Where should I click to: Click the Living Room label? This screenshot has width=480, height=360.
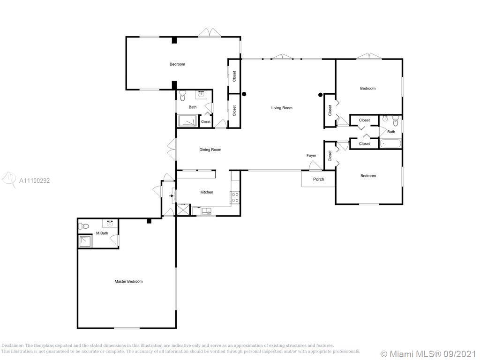pyautogui.click(x=282, y=108)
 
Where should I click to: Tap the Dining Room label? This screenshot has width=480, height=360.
pyautogui.click(x=210, y=150)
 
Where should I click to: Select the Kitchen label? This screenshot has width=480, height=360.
pyautogui.click(x=207, y=192)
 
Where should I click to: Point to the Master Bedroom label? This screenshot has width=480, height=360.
pyautogui.click(x=128, y=281)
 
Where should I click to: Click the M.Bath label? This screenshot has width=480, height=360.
pyautogui.click(x=102, y=233)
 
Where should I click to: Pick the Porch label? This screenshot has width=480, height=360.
pyautogui.click(x=319, y=179)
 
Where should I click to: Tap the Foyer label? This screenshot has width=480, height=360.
pyautogui.click(x=311, y=156)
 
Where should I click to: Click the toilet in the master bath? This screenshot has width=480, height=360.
pyautogui.click(x=83, y=226)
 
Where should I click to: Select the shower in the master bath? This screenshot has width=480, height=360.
pyautogui.click(x=86, y=241)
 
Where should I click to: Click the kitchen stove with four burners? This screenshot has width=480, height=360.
pyautogui.click(x=235, y=197)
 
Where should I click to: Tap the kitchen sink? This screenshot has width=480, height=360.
pyautogui.click(x=206, y=211)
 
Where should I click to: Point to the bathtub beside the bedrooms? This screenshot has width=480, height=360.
pyautogui.click(x=390, y=143)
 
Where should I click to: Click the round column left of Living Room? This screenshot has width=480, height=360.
pyautogui.click(x=244, y=94)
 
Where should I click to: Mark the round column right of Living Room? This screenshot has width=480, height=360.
pyautogui.click(x=321, y=95)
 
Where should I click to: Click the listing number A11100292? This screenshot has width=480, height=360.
pyautogui.click(x=34, y=180)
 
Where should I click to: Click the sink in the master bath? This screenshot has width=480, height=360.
pyautogui.click(x=110, y=224)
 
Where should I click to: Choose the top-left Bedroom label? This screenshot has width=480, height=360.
pyautogui.click(x=177, y=64)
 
